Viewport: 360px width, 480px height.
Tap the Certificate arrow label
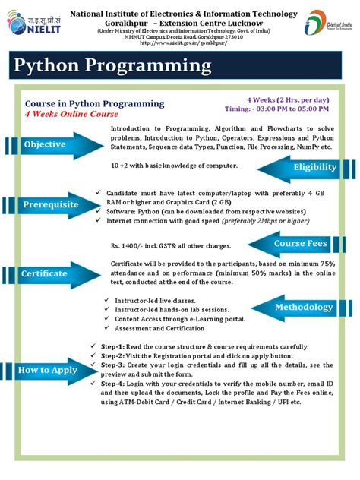tap(45, 273)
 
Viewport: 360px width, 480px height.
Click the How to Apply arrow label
tap(46, 370)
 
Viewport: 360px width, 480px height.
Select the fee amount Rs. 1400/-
tap(127, 246)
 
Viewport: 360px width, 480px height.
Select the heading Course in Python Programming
tap(94, 103)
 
